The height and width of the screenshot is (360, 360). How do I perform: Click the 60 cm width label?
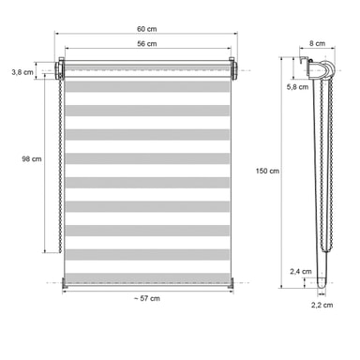[146, 29]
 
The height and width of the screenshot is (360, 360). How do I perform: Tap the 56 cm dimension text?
[146, 44]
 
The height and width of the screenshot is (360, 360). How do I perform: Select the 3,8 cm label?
[22, 72]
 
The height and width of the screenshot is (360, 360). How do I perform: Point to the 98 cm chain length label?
[32, 158]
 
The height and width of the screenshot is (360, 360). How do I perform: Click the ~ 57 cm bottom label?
[147, 298]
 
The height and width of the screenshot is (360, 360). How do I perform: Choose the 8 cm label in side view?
[317, 43]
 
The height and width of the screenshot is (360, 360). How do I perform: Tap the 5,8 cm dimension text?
[297, 87]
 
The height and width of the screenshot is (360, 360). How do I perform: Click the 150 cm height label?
[267, 171]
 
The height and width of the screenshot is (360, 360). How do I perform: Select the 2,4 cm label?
[301, 272]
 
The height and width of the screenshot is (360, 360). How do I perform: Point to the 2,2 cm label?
[322, 305]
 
